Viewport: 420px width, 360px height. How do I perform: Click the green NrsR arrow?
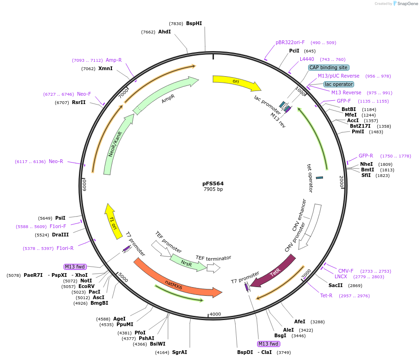pos(187,262)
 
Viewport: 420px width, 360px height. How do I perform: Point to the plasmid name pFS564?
pos(213,183)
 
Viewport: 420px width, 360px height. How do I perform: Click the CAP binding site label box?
pos(329,67)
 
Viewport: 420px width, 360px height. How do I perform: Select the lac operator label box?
pos(338,84)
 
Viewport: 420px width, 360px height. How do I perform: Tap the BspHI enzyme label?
pos(194,23)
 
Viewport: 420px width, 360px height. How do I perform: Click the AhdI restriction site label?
pos(164,32)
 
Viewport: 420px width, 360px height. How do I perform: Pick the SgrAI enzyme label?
pos(179,352)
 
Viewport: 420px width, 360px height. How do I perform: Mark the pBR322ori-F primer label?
pos(290,43)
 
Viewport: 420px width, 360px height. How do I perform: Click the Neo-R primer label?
pos(56,161)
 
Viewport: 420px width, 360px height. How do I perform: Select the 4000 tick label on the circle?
pos(215,314)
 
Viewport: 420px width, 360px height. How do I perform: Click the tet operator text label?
pos(310,178)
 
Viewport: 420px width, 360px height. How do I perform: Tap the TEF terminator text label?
pos(213,258)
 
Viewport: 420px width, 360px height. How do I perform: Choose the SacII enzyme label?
pos(336,285)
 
